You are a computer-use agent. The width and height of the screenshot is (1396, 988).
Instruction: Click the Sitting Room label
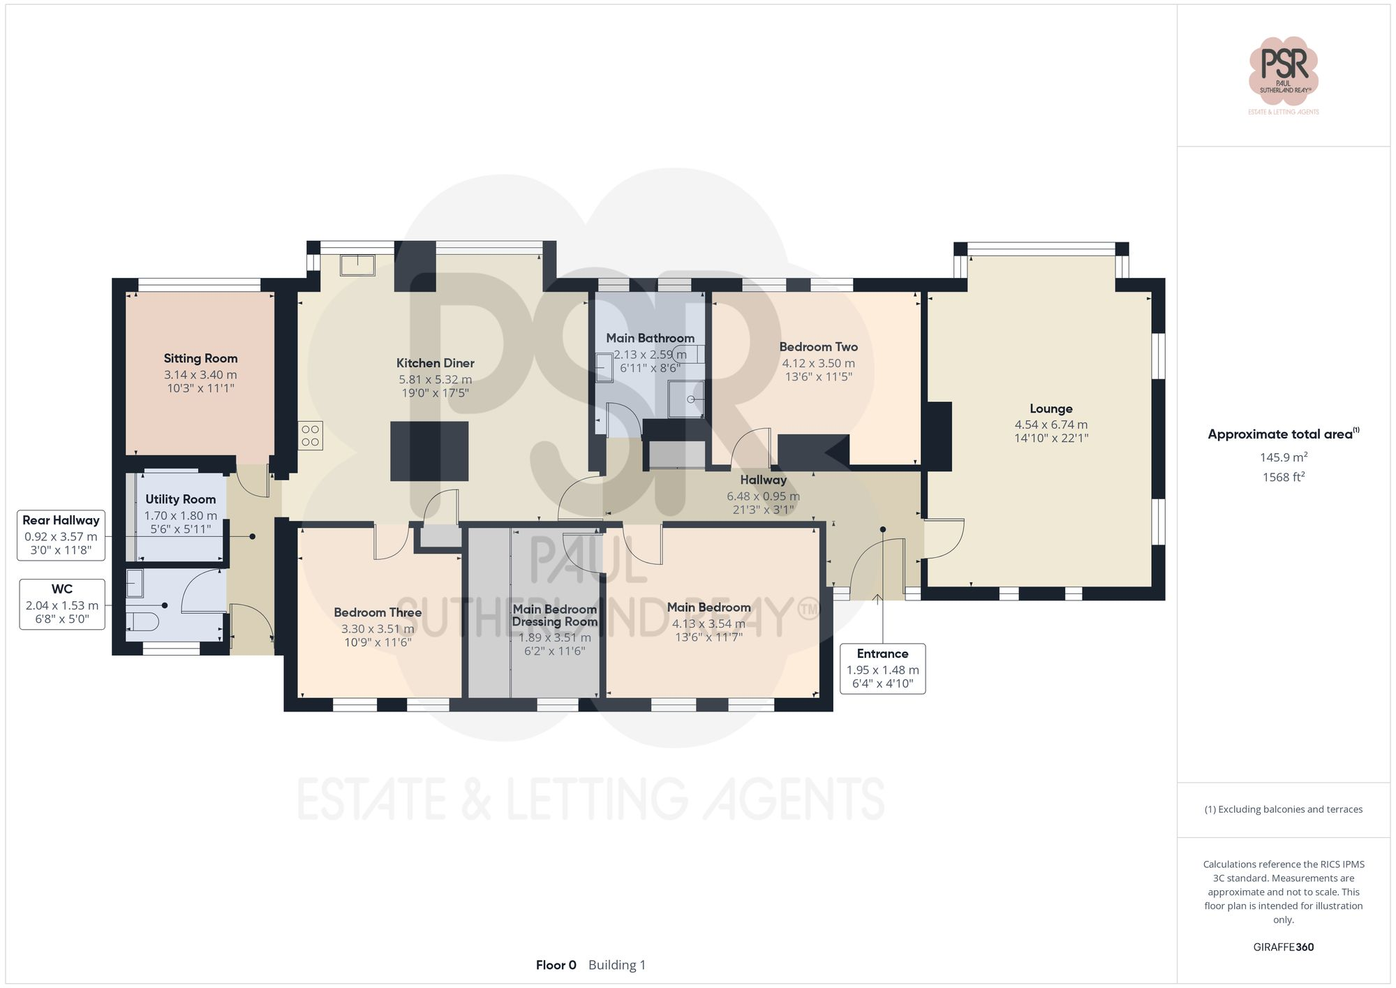(200, 358)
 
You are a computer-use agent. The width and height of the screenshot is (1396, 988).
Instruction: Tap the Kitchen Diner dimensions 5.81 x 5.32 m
(435, 380)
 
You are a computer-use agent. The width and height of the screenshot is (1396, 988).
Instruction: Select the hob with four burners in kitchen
(311, 436)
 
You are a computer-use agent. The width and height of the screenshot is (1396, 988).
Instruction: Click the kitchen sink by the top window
(357, 265)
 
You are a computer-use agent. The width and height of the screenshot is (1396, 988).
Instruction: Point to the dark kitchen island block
(429, 451)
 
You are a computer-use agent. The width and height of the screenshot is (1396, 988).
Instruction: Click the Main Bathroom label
(650, 338)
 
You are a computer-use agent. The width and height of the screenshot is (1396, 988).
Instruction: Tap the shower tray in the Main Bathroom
(686, 399)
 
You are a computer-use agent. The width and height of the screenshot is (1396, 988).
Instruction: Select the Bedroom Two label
(818, 347)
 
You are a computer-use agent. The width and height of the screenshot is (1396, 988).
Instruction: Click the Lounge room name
(1050, 409)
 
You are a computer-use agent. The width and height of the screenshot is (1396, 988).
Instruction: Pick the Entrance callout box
(882, 668)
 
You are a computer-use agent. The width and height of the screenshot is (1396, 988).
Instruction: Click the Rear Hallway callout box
(61, 535)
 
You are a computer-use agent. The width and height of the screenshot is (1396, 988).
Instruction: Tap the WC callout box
(62, 604)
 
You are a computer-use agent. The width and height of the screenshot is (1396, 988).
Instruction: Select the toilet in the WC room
(144, 621)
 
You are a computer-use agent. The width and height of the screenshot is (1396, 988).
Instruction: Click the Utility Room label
(180, 499)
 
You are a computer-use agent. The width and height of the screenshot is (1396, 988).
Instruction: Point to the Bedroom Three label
(378, 612)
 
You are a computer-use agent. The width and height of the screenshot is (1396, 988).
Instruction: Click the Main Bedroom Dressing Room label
(554, 615)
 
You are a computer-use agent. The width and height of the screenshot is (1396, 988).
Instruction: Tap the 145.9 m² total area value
(1283, 457)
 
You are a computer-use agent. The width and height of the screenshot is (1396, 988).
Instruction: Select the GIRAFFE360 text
(1283, 947)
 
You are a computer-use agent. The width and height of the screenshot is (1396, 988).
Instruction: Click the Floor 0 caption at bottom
(556, 965)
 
